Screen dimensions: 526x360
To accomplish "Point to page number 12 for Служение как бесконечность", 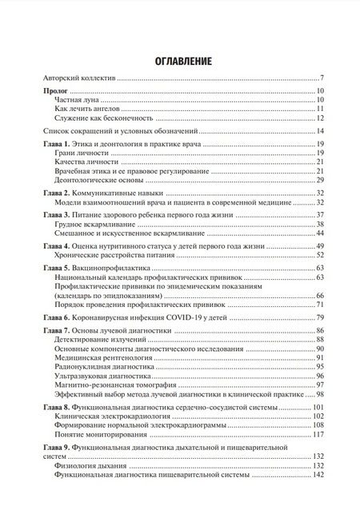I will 318,118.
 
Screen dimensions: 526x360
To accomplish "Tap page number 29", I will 318,181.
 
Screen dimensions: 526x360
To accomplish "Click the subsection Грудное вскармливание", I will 90,225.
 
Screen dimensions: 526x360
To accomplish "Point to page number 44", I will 318,235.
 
